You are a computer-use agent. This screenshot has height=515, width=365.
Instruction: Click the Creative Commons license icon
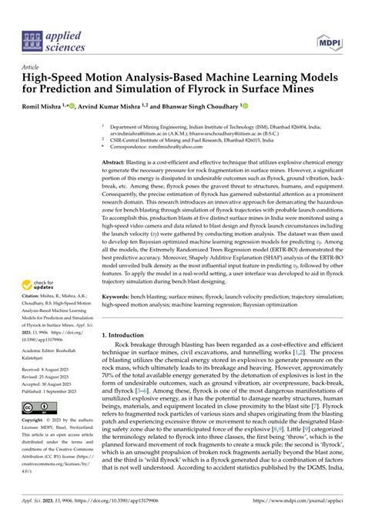click(x=36, y=408)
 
